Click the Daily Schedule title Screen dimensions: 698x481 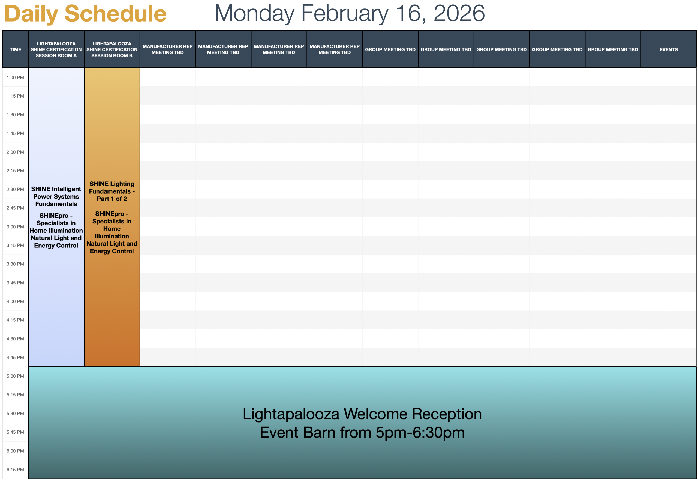[x=85, y=14]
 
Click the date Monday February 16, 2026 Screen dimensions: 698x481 [x=350, y=13]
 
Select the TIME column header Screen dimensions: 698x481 [x=15, y=49]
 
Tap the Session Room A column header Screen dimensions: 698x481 [x=56, y=49]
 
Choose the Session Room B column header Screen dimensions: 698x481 [x=112, y=49]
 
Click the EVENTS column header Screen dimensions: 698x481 [x=669, y=49]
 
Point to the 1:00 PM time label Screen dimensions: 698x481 [x=15, y=78]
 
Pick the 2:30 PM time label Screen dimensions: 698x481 [x=15, y=189]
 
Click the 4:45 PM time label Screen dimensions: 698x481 [x=15, y=358]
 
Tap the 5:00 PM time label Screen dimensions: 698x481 [x=15, y=376]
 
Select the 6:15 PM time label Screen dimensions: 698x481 [x=15, y=470]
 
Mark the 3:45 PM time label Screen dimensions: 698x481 [x=15, y=283]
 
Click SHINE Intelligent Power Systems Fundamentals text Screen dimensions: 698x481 [x=56, y=196]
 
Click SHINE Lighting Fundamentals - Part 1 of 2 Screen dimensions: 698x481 [x=112, y=191]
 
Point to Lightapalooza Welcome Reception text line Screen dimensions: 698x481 [x=362, y=414]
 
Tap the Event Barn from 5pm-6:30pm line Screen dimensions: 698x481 [x=362, y=432]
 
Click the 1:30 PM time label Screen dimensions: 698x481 [x=15, y=114]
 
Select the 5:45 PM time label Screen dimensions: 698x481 [x=15, y=432]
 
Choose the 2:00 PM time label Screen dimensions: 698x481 [x=15, y=152]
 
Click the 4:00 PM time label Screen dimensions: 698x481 [x=15, y=301]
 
